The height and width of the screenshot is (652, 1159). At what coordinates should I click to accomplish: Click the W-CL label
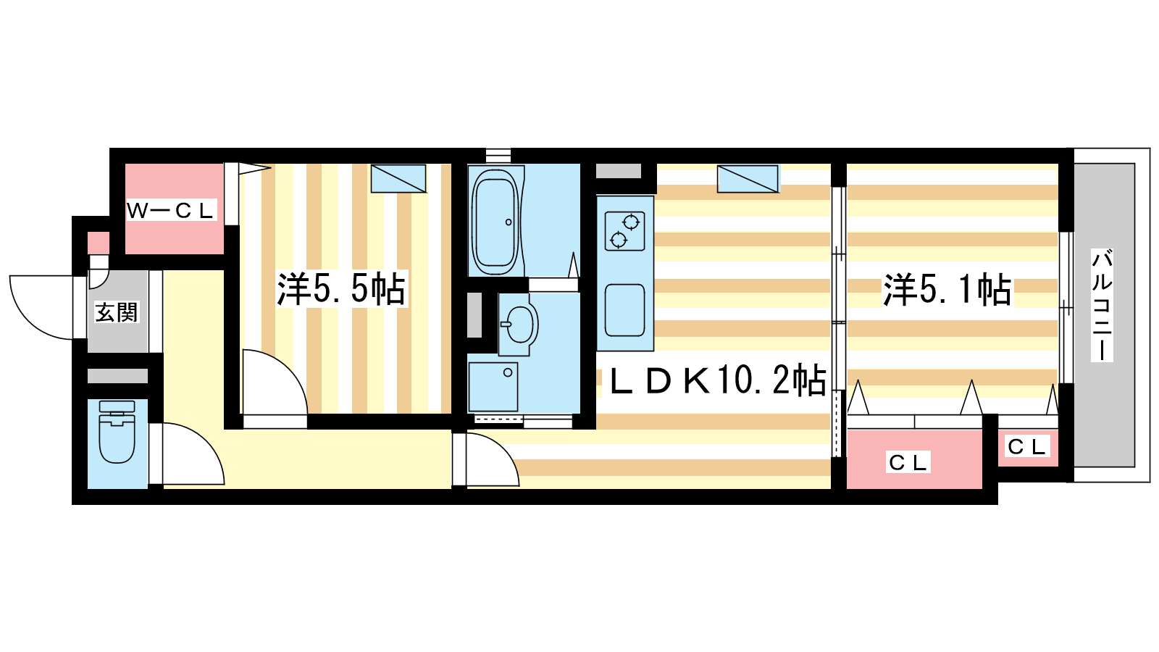170,211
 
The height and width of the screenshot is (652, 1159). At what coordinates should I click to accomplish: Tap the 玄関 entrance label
117,312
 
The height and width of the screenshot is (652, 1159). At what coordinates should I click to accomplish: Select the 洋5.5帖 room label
341,288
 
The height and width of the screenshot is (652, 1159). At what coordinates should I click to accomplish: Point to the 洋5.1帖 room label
947,290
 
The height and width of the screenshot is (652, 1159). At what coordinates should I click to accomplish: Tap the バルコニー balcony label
1102,305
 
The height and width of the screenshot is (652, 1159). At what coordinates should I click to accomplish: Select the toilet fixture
117,432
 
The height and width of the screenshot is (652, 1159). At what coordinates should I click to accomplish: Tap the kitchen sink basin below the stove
625,309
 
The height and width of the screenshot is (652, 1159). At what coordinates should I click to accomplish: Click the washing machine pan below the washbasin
493,387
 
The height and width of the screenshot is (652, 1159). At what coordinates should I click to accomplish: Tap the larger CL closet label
908,463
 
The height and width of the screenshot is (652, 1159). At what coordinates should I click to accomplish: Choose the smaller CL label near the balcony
1026,446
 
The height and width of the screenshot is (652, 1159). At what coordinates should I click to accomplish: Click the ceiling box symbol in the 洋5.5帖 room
398,178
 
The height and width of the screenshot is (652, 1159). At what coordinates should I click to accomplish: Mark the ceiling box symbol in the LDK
748,178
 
